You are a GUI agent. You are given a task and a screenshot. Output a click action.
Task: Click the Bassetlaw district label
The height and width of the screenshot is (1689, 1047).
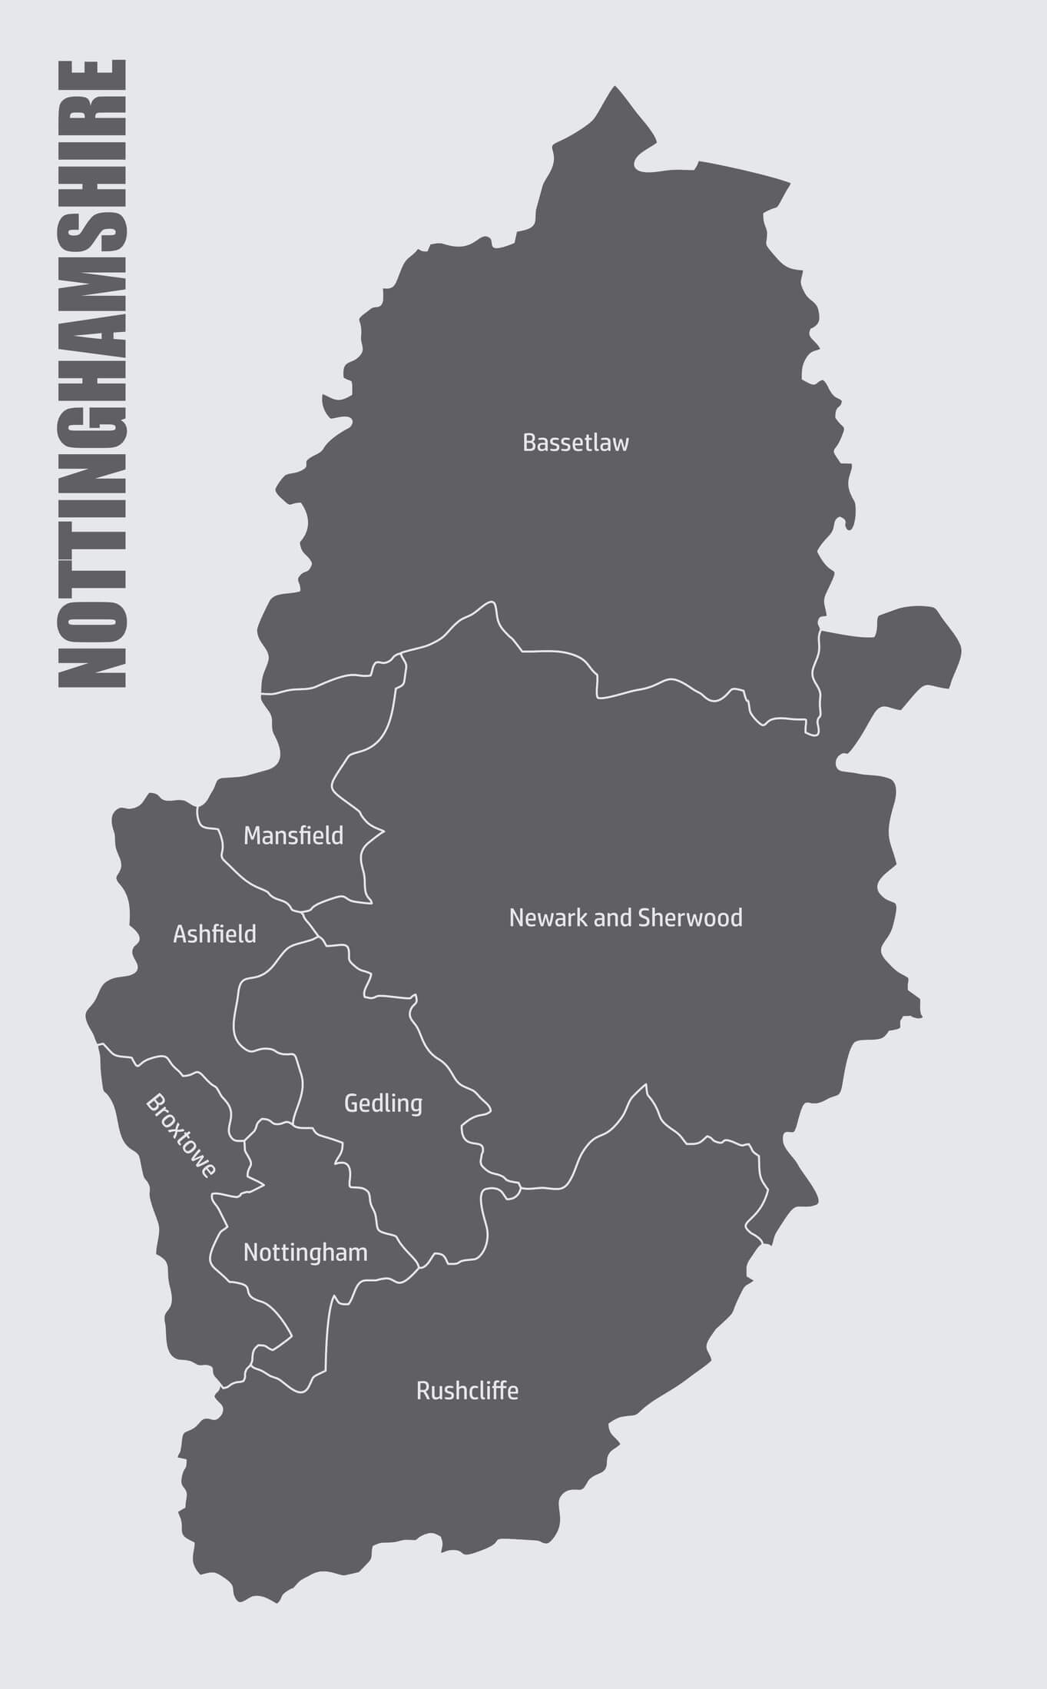pyautogui.click(x=575, y=443)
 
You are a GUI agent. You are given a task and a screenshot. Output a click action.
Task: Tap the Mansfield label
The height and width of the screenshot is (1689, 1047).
pyautogui.click(x=293, y=835)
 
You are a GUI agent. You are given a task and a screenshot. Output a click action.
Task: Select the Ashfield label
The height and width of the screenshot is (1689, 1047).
pyautogui.click(x=214, y=934)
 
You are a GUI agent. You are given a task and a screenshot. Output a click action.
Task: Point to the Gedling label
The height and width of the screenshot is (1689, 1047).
pyautogui.click(x=383, y=1103)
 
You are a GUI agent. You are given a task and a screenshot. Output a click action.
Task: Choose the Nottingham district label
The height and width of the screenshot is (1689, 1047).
pyautogui.click(x=305, y=1253)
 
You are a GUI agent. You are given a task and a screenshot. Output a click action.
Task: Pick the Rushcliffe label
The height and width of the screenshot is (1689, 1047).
pyautogui.click(x=467, y=1391)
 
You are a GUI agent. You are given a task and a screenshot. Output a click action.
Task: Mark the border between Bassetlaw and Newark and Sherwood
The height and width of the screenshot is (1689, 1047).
pyautogui.click(x=553, y=652)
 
